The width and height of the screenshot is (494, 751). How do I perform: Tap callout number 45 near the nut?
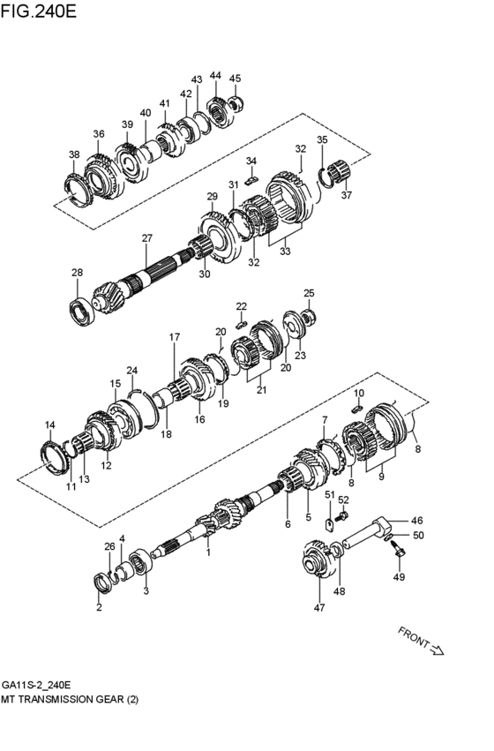click(235, 79)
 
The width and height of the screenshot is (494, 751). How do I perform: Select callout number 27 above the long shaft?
click(147, 238)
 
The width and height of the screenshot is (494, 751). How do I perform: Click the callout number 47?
click(318, 607)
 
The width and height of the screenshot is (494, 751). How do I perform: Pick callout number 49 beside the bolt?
click(397, 577)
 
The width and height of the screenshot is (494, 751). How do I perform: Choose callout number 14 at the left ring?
click(49, 425)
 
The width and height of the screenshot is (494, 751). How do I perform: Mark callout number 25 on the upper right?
click(309, 293)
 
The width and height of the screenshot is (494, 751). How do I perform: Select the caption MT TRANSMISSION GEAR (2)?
click(70, 699)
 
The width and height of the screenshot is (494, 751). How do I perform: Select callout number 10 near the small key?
click(359, 393)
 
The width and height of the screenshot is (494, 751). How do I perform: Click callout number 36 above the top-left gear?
click(99, 134)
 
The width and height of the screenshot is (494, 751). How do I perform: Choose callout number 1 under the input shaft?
click(208, 552)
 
